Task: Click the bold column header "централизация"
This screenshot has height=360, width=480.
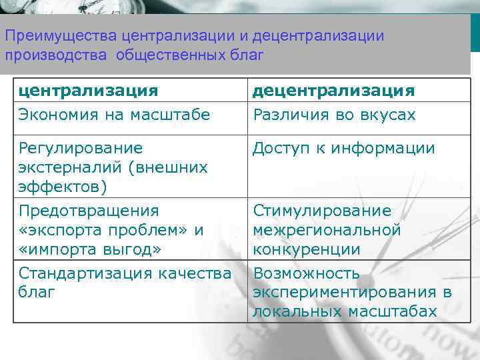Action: pyautogui.click(x=88, y=91)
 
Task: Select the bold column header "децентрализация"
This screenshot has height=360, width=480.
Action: pyautogui.click(x=333, y=91)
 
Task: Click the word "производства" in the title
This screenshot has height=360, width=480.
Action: pyautogui.click(x=55, y=54)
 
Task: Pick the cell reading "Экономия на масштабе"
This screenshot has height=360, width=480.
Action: pyautogui.click(x=114, y=115)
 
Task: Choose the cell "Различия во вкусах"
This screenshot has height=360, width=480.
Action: pyautogui.click(x=333, y=115)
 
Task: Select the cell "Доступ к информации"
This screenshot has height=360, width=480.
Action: pyautogui.click(x=343, y=148)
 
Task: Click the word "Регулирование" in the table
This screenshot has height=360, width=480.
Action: pyautogui.click(x=80, y=148)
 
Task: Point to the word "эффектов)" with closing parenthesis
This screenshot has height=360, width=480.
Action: pyautogui.click(x=63, y=187)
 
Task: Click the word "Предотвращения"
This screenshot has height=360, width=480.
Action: pyautogui.click(x=89, y=211)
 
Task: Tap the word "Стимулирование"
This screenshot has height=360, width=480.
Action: pyautogui.click(x=321, y=211)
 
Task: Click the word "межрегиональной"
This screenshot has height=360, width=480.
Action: pyautogui.click(x=327, y=230)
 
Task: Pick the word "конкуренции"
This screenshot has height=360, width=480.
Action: pyautogui.click(x=306, y=249)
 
